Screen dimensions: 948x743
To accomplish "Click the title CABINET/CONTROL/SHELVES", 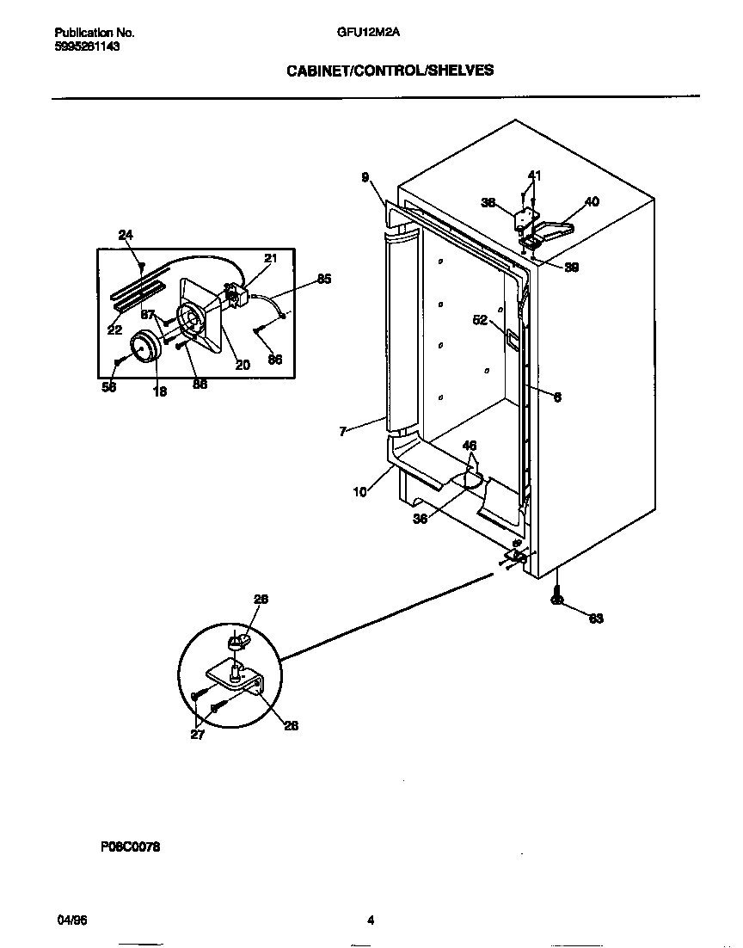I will [x=390, y=71].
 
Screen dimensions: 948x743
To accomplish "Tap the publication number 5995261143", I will [x=82, y=46].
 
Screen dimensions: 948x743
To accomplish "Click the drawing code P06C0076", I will [x=130, y=847].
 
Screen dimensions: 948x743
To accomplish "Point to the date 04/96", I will [x=71, y=920].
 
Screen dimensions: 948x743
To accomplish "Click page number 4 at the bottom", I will [x=371, y=920].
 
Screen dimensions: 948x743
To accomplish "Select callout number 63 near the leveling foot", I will [x=595, y=619].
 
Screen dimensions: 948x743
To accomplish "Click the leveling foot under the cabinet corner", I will [x=556, y=599].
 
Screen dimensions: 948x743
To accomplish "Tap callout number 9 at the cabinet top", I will [x=365, y=177].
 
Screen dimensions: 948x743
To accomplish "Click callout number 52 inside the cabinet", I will [x=480, y=320].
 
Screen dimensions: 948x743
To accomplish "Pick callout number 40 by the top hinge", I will [x=592, y=201].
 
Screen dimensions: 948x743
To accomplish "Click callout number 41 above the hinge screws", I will [x=534, y=175].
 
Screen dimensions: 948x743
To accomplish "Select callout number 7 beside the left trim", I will [x=343, y=432].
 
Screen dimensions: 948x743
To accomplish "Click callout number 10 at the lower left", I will [x=359, y=491].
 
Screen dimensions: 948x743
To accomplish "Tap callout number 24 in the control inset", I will [x=126, y=234].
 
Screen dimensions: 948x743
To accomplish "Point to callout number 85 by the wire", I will [x=323, y=279].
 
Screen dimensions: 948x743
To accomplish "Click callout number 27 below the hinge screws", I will [x=198, y=734].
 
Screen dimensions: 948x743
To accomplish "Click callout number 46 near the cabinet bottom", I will [x=470, y=446].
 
